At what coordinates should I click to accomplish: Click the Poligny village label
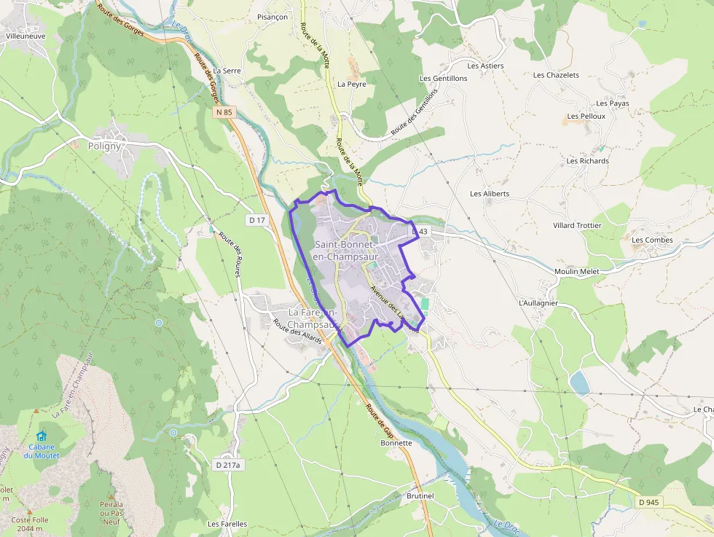(104, 146)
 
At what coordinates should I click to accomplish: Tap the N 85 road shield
(224, 112)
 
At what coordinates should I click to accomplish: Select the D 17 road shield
(256, 219)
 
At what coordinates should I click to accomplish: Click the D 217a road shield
(228, 464)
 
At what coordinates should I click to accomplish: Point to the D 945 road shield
(648, 502)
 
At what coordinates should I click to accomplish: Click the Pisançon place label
(272, 17)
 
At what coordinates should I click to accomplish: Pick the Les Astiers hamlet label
(485, 66)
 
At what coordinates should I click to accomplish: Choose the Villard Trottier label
(577, 225)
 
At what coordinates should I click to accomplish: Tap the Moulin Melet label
(576, 271)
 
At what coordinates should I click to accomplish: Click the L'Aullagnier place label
(538, 302)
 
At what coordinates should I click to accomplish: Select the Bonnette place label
(396, 442)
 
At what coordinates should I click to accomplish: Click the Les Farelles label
(227, 523)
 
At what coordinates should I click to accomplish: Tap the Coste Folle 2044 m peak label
(31, 524)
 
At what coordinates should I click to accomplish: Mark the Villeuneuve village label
(25, 35)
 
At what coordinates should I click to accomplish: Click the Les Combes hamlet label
(652, 240)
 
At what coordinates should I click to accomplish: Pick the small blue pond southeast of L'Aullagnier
(580, 383)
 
